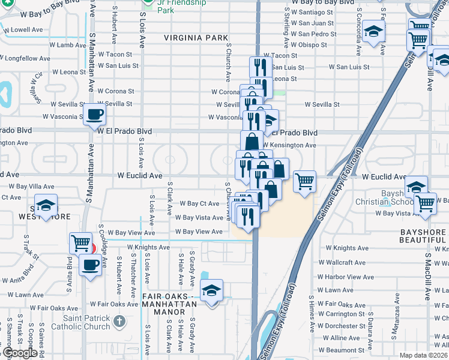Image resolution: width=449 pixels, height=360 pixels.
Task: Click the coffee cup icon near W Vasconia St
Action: (94, 114)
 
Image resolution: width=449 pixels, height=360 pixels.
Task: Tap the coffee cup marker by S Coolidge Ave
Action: (91, 265)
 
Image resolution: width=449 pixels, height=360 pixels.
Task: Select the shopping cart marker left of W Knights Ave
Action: (80, 243)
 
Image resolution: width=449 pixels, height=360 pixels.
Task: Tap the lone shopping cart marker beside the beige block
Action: (305, 180)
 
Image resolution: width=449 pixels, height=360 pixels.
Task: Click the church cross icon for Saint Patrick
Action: (119, 321)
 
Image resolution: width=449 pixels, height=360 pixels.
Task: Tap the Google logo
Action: (20, 353)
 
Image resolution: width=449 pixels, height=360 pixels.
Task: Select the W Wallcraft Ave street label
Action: (346, 262)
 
